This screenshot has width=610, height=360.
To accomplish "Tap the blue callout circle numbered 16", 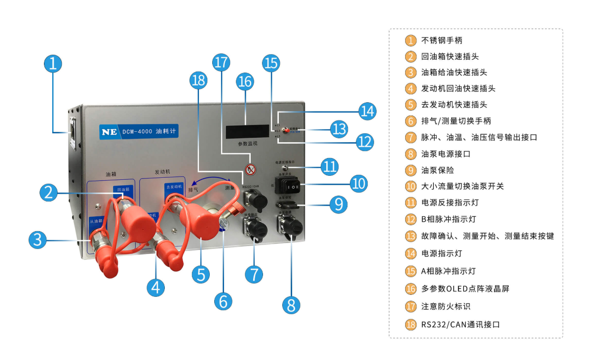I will (x=245, y=81).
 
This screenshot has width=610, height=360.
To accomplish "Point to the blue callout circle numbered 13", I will (x=339, y=129).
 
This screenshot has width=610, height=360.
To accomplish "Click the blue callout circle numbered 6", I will (x=223, y=300).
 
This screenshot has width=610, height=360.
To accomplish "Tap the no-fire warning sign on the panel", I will (x=251, y=169).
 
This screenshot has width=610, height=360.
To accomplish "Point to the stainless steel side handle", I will (x=73, y=132).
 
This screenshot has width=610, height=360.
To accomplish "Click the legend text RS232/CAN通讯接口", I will (x=460, y=324).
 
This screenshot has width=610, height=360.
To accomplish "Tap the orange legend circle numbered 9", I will (x=411, y=170).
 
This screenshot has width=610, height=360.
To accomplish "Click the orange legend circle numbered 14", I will (x=411, y=253).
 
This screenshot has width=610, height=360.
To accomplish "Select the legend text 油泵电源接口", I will (x=446, y=154).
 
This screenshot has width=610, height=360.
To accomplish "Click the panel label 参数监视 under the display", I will (x=248, y=144).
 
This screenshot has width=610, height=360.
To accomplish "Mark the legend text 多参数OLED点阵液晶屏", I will (x=465, y=289).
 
